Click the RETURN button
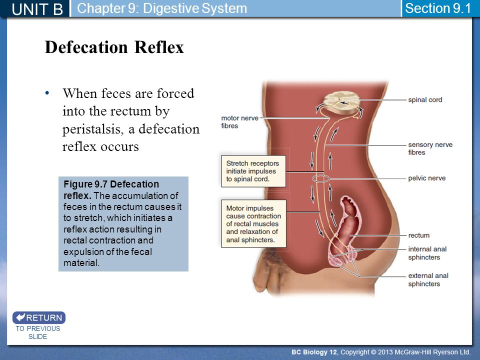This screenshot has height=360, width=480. coord(39,317)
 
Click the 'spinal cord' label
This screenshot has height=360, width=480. coord(425,100)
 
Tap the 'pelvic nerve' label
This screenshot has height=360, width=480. coord(426,178)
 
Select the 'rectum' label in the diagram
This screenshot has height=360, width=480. coord(419,235)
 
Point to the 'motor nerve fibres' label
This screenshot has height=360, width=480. coord(239,122)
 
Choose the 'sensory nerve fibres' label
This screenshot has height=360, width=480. coord(430,148)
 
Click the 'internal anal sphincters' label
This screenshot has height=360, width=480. coord(427,253)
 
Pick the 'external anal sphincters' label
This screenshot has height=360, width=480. coord(428,280)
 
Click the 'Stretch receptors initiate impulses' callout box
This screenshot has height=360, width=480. coord(253,171)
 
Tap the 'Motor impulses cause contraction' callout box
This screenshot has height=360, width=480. coord(253,224)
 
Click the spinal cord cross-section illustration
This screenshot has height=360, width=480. coord(341,102)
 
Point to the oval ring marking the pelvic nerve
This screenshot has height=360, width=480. coord(321,175)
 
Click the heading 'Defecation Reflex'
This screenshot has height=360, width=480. coord(114,47)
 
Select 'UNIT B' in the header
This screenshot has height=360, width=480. coord(37,9)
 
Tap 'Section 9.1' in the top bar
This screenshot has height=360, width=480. coord(438,8)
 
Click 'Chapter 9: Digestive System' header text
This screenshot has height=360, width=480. coord(162,8)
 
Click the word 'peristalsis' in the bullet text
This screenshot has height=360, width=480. coord(93,129)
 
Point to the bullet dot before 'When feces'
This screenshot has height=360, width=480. coord(47,93)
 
